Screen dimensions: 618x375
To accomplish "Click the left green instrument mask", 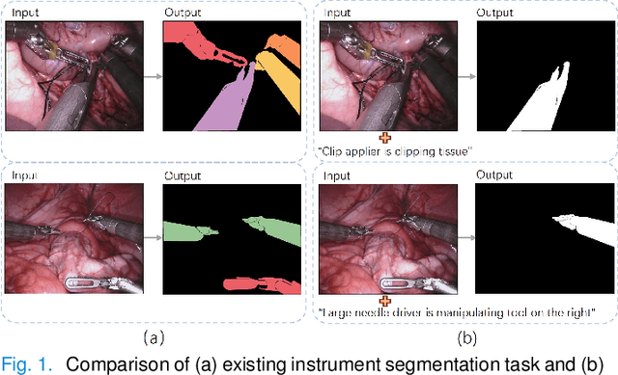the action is (x=189, y=232).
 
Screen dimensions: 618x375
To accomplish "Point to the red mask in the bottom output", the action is (x=261, y=284).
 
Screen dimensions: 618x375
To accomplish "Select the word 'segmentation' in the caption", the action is (x=426, y=364).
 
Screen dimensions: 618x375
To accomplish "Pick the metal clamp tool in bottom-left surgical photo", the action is (x=101, y=283).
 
